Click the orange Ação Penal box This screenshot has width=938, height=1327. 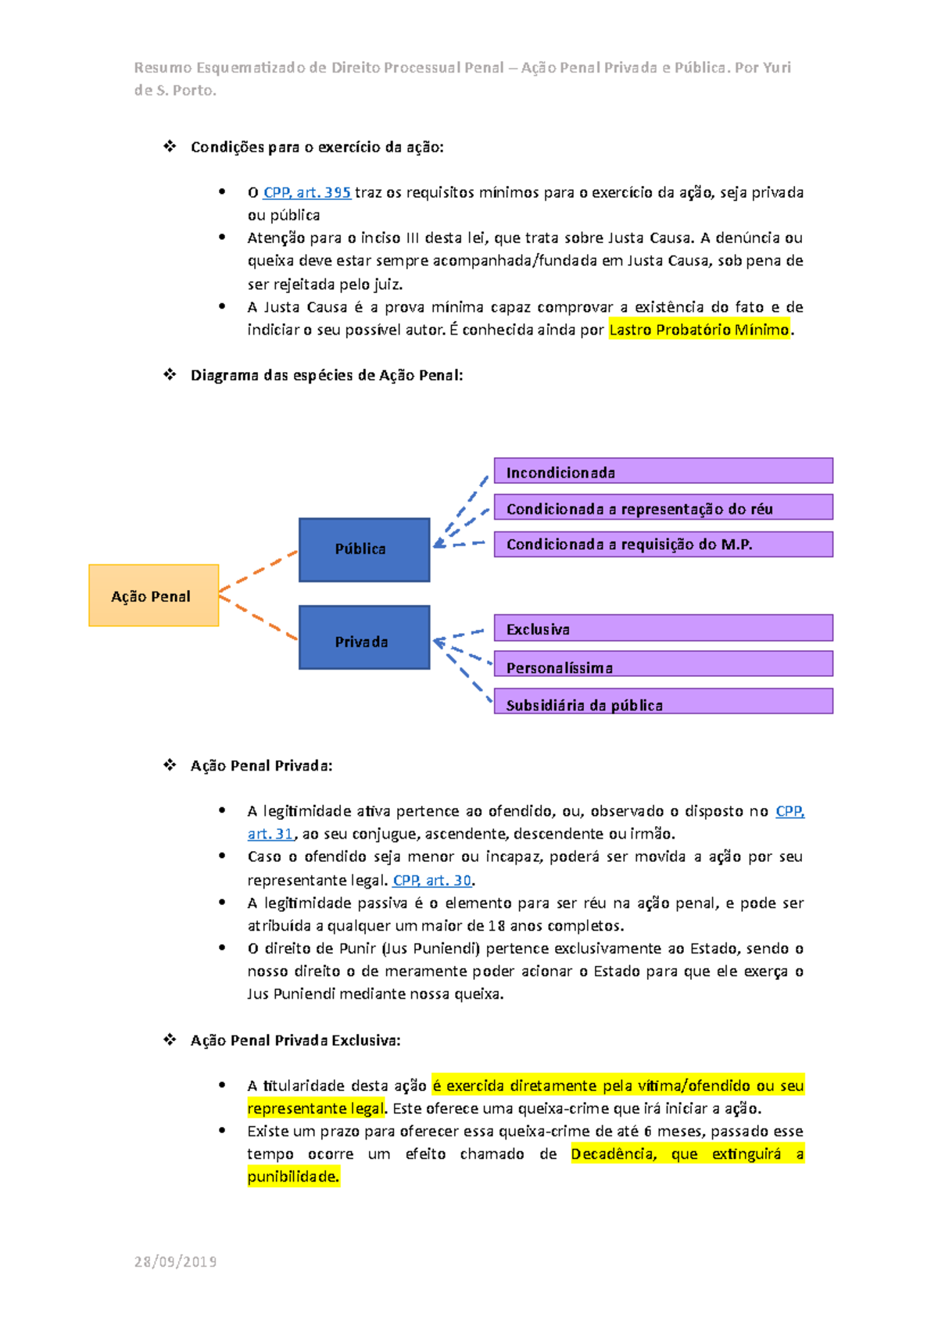tap(153, 596)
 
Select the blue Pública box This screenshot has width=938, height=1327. tap(364, 549)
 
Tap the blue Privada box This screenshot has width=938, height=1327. tap(364, 638)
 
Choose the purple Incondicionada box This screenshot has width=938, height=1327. tap(663, 471)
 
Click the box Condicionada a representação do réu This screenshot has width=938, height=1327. tap(663, 507)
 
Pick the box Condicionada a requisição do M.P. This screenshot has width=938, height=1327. tap(663, 544)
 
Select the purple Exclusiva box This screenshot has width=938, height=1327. tap(663, 628)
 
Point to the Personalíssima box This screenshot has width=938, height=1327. tap(663, 665)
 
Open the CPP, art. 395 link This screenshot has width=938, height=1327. tap(306, 192)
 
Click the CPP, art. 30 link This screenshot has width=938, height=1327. tap(432, 880)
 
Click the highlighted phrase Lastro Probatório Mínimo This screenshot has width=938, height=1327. tap(699, 330)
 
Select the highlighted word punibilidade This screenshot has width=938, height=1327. tap(293, 1176)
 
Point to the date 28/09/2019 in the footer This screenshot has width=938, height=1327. tap(175, 1261)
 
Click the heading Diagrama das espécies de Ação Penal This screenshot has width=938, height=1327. tap(327, 375)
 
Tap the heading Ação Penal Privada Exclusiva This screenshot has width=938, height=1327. tap(295, 1040)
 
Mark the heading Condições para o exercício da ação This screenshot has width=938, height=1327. tap(317, 147)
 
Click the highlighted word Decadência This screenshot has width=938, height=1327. tap(613, 1154)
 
